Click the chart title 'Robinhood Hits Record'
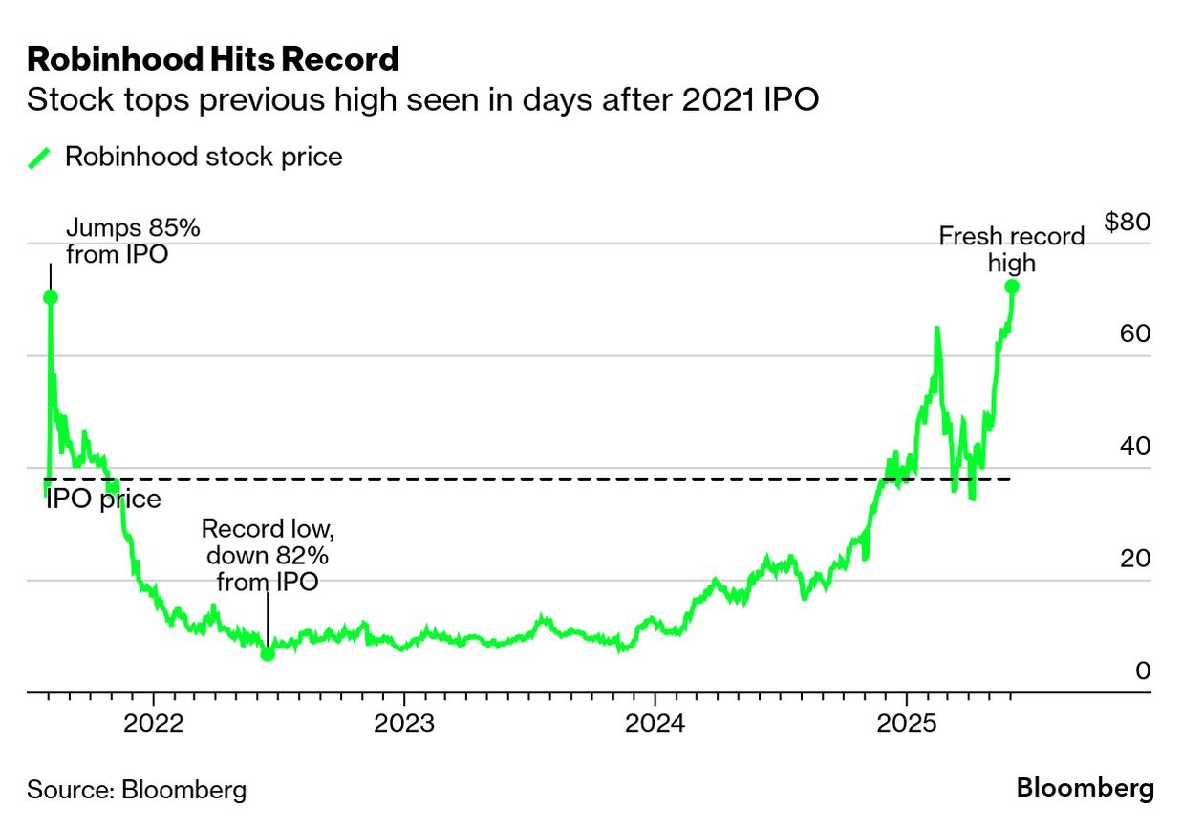point(212,59)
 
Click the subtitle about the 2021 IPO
point(422,100)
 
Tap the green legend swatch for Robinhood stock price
point(39,158)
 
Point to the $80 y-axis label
point(1127,223)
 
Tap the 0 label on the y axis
point(1142,670)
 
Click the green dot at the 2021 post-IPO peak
point(50,297)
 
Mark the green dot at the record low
point(268,653)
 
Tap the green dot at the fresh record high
point(1012,287)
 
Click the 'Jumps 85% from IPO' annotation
point(133,241)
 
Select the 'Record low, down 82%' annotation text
point(268,555)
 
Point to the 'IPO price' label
point(103,500)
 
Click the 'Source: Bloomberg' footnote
point(137,790)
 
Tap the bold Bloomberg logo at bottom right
point(1085,789)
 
